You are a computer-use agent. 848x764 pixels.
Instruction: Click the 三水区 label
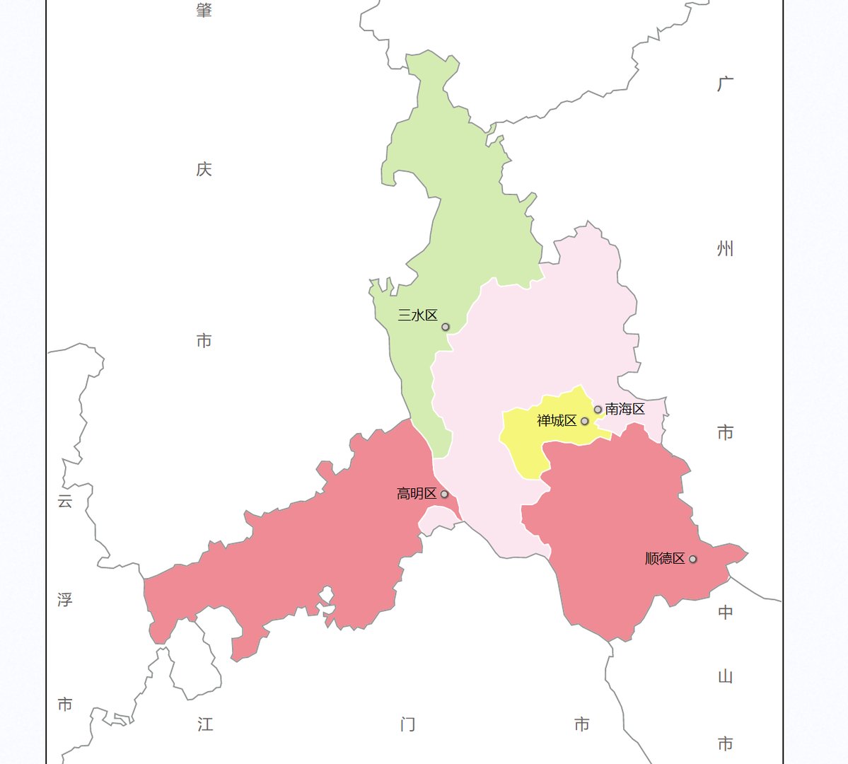point(417,316)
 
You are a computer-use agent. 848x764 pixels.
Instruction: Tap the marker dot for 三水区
point(446,327)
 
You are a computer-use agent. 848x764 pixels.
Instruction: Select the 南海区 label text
point(625,409)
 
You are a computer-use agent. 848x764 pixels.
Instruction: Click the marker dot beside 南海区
point(598,410)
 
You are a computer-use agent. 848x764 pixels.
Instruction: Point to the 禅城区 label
point(557,421)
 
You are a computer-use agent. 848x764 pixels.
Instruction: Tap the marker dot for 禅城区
point(584,421)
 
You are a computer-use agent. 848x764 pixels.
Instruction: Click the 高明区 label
point(417,494)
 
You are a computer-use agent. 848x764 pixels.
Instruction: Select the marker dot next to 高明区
point(444,494)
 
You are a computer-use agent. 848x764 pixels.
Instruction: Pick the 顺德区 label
point(665,559)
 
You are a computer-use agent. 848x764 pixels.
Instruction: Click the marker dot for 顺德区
point(692,559)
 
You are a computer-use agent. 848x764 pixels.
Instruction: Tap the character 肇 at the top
point(204,10)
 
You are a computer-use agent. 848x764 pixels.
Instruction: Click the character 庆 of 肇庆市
point(204,170)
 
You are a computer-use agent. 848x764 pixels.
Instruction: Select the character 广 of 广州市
point(726,84)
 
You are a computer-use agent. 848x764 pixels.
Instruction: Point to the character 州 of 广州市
point(726,249)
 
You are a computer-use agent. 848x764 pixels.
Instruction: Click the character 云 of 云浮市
point(65,502)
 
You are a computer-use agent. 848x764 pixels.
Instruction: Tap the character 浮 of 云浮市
point(65,600)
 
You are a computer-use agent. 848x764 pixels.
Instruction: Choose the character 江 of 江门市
point(205,724)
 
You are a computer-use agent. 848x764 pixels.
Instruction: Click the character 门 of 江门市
point(407,724)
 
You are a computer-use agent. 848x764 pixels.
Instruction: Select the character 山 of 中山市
point(726,677)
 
